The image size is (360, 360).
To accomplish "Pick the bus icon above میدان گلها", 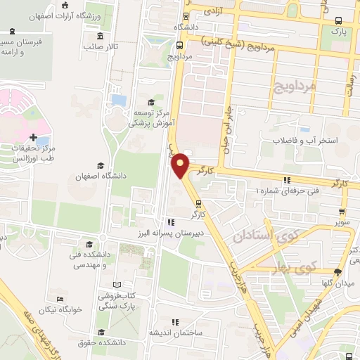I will [338, 271].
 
